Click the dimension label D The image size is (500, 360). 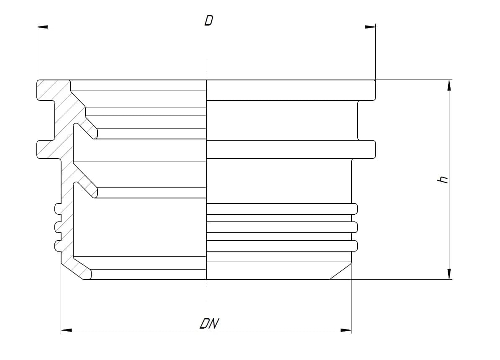coord(208,21)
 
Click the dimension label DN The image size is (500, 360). coord(210,323)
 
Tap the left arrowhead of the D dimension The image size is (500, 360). coord(42,27)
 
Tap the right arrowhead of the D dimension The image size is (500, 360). coord(370,27)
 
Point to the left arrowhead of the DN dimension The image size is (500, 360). coord(67,330)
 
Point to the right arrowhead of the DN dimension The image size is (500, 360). coord(346,330)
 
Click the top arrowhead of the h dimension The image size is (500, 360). coord(449,85)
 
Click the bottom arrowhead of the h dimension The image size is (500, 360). coord(449,274)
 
